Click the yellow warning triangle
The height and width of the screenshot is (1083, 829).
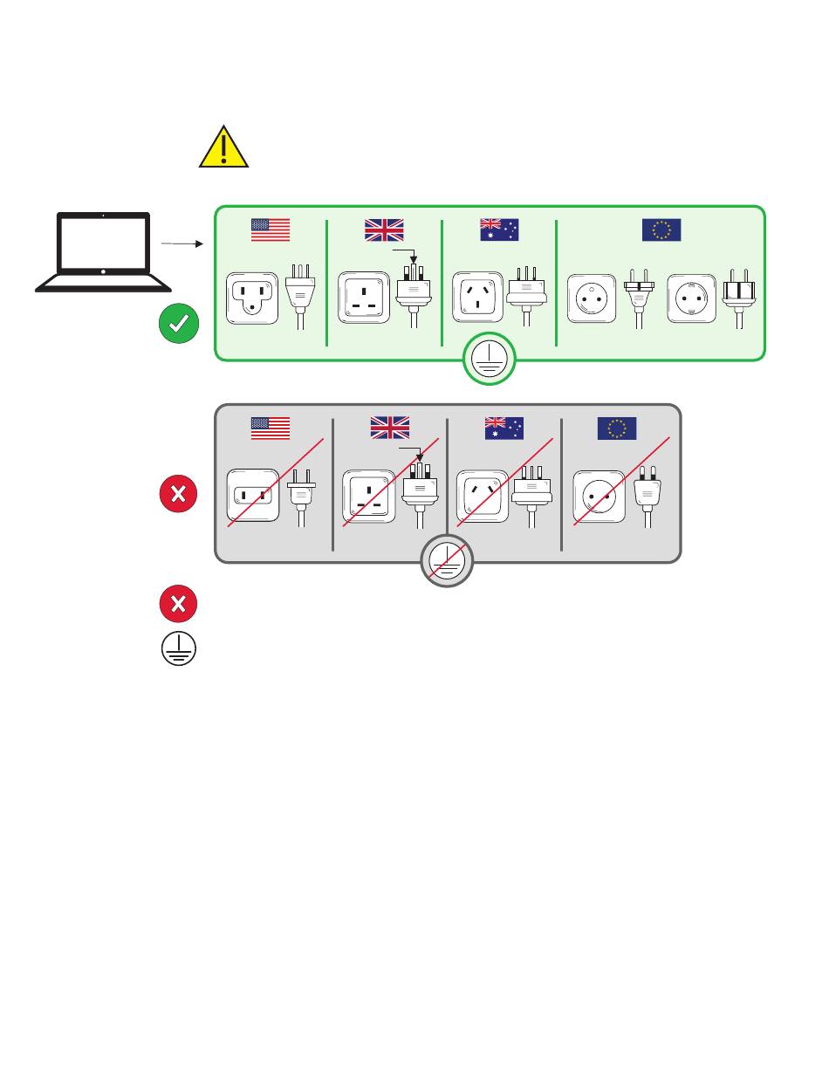point(224,147)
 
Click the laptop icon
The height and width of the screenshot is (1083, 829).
point(103,251)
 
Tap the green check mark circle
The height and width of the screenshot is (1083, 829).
point(178,324)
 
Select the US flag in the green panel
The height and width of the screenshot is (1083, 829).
point(271,230)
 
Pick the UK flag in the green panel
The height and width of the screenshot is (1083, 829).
point(384,230)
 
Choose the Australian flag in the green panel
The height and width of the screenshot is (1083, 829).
point(499,230)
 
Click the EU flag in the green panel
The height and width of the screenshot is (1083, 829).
point(661,230)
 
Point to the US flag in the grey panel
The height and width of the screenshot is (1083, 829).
point(271,428)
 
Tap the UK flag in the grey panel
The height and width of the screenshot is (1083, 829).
point(390,428)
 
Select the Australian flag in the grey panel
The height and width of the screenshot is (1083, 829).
point(504,428)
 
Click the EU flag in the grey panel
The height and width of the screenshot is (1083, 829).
point(617,428)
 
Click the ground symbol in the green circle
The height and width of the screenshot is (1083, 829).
point(490,359)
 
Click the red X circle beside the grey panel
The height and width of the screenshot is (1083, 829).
point(178,494)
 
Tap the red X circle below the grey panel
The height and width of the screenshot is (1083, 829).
point(178,604)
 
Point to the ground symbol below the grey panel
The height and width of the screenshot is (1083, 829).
point(178,649)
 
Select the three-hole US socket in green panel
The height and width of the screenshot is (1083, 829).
point(252,298)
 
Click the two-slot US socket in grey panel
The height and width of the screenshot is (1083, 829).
point(252,496)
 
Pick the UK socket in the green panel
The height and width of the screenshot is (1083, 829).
point(364,297)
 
